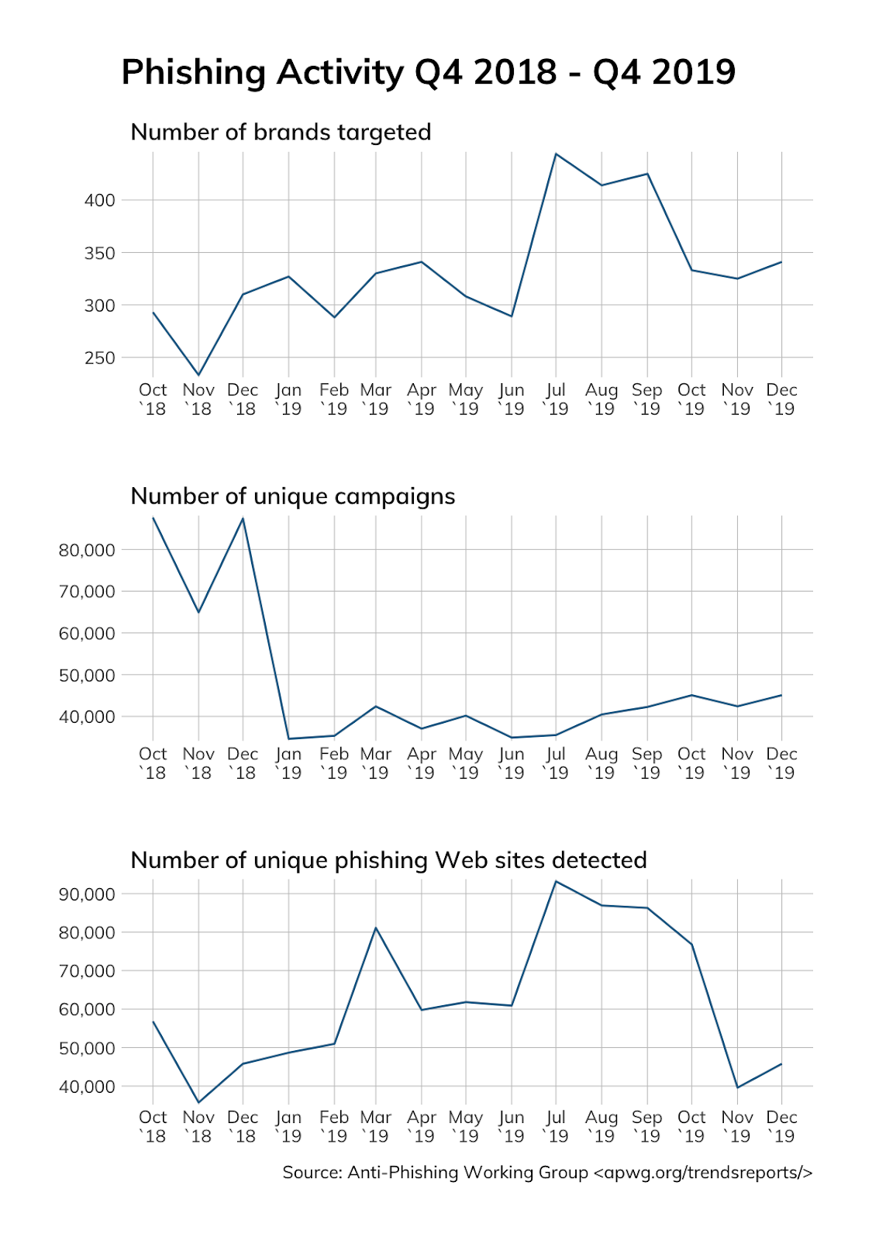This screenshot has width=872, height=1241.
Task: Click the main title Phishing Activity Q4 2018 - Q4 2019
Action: pyautogui.click(x=428, y=72)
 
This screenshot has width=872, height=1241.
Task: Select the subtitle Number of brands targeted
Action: pyautogui.click(x=281, y=132)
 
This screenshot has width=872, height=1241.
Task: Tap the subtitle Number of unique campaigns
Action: pyautogui.click(x=292, y=496)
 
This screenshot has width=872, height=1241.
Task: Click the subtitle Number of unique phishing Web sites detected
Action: pyautogui.click(x=388, y=859)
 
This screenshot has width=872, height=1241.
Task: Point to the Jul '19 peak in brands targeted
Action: pyautogui.click(x=556, y=154)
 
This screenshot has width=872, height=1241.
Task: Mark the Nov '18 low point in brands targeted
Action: pyautogui.click(x=198, y=375)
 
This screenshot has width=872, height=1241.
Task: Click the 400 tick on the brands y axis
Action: pyautogui.click(x=99, y=200)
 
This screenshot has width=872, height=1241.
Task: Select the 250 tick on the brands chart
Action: pyautogui.click(x=99, y=358)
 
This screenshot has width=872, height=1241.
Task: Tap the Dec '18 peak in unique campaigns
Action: pyautogui.click(x=243, y=518)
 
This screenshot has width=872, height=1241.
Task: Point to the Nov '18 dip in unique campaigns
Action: pyautogui.click(x=198, y=612)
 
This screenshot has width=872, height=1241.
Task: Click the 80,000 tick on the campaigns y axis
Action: pyautogui.click(x=87, y=550)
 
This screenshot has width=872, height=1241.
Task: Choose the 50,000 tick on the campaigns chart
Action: pyautogui.click(x=87, y=675)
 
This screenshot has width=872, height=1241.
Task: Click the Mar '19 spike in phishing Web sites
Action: pyautogui.click(x=376, y=928)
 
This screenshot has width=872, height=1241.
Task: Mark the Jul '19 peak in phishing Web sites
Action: pyautogui.click(x=556, y=881)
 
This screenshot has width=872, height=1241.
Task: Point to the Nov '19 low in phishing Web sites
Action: pyautogui.click(x=737, y=1087)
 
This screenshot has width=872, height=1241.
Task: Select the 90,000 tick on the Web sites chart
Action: pyautogui.click(x=87, y=894)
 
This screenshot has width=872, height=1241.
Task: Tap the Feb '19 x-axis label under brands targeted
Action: pyautogui.click(x=334, y=399)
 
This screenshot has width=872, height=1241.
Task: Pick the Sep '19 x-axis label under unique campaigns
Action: pyautogui.click(x=646, y=762)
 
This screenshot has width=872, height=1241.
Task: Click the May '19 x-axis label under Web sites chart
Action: pyautogui.click(x=466, y=1126)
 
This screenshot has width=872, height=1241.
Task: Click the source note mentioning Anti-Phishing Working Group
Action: pyautogui.click(x=547, y=1172)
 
